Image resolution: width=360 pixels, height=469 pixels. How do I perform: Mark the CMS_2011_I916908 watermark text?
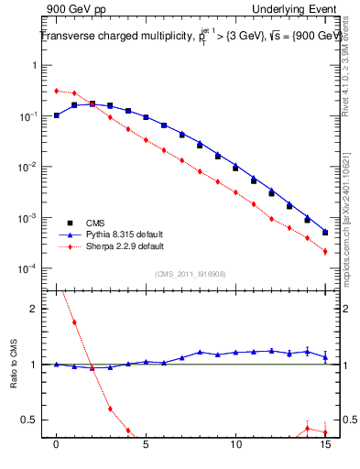191,273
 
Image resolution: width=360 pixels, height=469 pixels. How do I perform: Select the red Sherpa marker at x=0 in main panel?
57,91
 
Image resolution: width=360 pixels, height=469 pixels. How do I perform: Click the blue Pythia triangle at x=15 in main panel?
325,232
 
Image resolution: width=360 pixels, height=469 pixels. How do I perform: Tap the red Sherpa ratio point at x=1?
74,322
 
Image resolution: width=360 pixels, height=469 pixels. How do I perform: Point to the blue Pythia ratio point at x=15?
325,357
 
